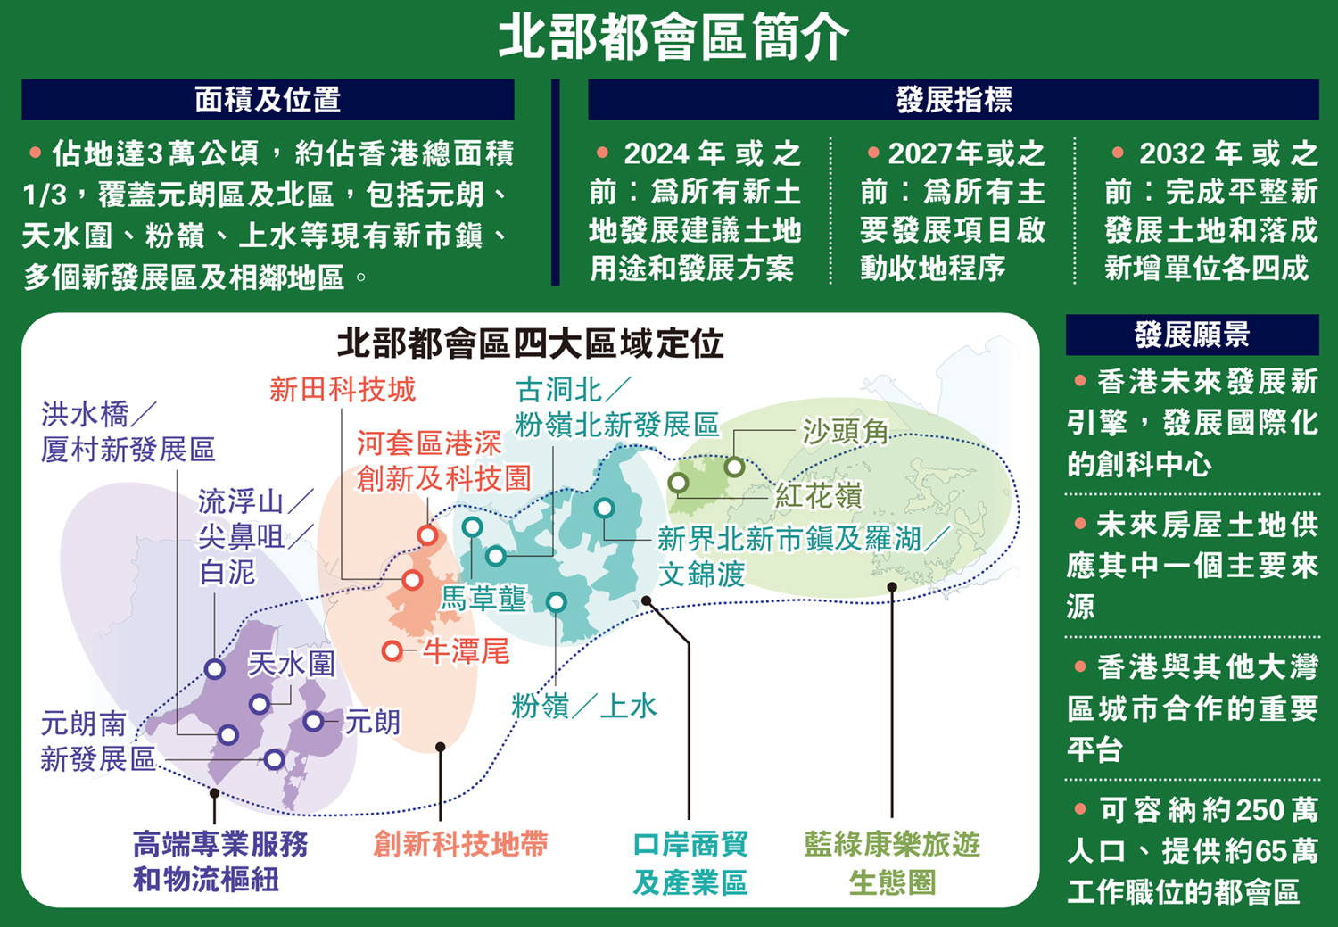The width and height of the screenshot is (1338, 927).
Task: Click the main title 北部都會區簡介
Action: pyautogui.click(x=673, y=37)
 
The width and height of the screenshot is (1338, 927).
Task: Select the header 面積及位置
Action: pyautogui.click(x=268, y=99)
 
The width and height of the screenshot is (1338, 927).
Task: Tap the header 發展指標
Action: pyautogui.click(x=953, y=99)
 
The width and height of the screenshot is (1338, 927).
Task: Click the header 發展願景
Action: pyautogui.click(x=1192, y=335)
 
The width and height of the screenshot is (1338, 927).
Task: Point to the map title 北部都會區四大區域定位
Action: pyautogui.click(x=530, y=343)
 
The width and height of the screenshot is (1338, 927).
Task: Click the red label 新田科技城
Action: pyautogui.click(x=343, y=389)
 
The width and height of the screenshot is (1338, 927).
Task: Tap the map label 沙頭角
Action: pyautogui.click(x=845, y=431)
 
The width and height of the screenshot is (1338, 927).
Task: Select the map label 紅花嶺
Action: pyautogui.click(x=818, y=495)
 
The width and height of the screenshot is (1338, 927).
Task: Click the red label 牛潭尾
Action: pyautogui.click(x=466, y=651)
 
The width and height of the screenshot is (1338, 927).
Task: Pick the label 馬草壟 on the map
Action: pyautogui.click(x=483, y=598)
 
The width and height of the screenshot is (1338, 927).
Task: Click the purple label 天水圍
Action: pyautogui.click(x=292, y=663)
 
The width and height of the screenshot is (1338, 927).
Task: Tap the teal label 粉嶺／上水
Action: pyautogui.click(x=584, y=706)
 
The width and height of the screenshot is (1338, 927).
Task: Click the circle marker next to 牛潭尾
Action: pyautogui.click(x=392, y=650)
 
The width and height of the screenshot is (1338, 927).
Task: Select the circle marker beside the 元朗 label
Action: pyautogui.click(x=313, y=721)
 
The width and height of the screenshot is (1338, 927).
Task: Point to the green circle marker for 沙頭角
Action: pyautogui.click(x=734, y=466)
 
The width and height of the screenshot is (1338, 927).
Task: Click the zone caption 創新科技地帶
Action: pyautogui.click(x=460, y=844)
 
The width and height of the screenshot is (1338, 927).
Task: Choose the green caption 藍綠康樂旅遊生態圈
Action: pyautogui.click(x=892, y=863)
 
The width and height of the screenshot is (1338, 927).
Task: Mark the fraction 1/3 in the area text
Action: pyautogui.click(x=45, y=195)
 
